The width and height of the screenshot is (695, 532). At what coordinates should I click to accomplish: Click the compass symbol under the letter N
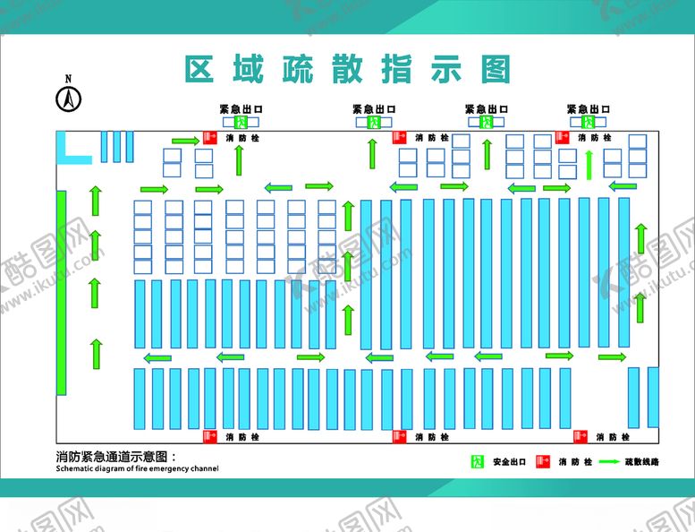point(68,98)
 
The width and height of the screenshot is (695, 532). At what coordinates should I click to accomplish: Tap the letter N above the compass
point(68,79)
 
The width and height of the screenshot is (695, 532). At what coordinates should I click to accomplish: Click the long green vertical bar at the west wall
point(61,292)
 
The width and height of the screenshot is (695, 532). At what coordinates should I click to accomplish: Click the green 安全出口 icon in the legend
point(478,462)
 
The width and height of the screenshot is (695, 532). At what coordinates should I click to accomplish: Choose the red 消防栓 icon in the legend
point(540,462)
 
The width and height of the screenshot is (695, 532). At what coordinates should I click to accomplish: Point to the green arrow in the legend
point(610,462)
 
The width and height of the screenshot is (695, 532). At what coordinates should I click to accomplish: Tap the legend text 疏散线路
point(648,462)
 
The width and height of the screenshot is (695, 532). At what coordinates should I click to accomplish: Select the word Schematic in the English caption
point(73,468)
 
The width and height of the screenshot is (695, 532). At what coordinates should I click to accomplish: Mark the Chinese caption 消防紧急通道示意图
point(116,457)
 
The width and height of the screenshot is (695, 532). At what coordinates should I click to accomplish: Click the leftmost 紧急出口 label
point(241,109)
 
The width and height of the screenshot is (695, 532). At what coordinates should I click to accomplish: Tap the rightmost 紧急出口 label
point(589,109)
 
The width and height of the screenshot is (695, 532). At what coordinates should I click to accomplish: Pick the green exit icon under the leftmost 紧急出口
point(240,122)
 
